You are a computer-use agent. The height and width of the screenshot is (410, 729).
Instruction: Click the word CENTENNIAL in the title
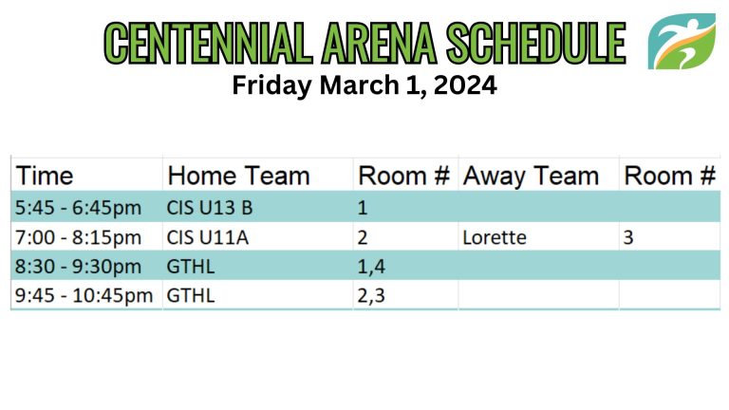click(x=208, y=44)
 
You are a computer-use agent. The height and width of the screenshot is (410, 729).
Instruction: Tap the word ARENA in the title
click(x=380, y=44)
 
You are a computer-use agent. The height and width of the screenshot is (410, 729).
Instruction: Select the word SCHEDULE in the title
click(x=536, y=44)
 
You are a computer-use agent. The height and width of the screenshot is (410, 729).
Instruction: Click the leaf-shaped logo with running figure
click(x=682, y=42)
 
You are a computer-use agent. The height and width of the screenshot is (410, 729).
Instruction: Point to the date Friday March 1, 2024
click(x=364, y=85)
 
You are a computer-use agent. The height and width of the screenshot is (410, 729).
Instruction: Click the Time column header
click(x=45, y=176)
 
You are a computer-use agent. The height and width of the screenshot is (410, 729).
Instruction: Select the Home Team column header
click(x=238, y=176)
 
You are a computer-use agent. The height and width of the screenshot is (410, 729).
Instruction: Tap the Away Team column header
click(x=531, y=177)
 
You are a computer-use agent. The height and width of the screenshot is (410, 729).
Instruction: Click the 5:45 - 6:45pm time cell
click(x=78, y=207)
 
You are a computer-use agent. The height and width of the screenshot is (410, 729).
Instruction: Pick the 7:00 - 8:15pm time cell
click(x=78, y=237)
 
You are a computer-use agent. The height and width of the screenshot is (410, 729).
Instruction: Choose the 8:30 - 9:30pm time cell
click(x=78, y=267)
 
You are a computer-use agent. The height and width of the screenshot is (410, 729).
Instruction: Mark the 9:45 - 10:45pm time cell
click(x=84, y=296)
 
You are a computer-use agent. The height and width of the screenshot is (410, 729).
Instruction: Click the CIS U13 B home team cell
click(x=210, y=207)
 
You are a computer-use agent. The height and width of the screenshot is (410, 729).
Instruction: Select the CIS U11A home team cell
click(x=207, y=237)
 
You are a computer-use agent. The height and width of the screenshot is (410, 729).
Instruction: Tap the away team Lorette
click(x=495, y=237)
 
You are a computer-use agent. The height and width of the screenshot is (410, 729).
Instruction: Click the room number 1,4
click(x=371, y=267)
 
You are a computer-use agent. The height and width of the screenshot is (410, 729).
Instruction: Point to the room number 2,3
click(x=371, y=296)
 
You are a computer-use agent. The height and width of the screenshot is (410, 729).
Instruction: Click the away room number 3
click(x=628, y=237)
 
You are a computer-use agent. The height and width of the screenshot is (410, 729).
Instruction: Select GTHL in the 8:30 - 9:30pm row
click(x=191, y=267)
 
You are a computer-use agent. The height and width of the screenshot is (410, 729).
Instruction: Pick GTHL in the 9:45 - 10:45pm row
click(x=191, y=296)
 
